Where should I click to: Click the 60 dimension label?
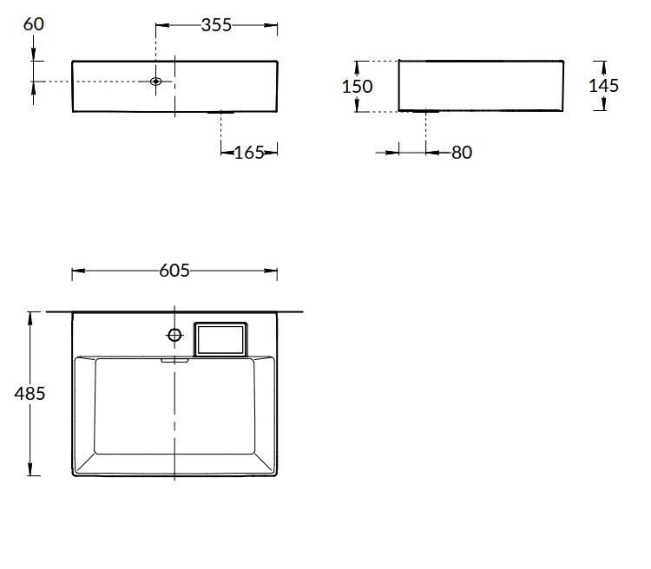click(x=34, y=23)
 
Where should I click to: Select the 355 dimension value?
click(x=216, y=25)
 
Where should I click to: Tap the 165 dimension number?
click(x=248, y=153)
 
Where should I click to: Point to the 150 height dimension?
click(x=357, y=86)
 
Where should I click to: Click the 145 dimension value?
click(x=603, y=85)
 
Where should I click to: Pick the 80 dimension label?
click(x=462, y=153)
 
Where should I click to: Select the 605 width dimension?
click(x=174, y=271)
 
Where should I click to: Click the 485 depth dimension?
click(x=30, y=393)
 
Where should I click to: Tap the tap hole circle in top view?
click(x=174, y=335)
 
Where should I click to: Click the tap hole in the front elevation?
click(x=156, y=82)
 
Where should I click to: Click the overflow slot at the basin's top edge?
click(x=175, y=359)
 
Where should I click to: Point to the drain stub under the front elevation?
click(x=221, y=113)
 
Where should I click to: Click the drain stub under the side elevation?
click(x=425, y=112)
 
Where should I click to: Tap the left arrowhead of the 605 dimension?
click(x=76, y=271)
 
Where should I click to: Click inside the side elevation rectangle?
click(x=481, y=85)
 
